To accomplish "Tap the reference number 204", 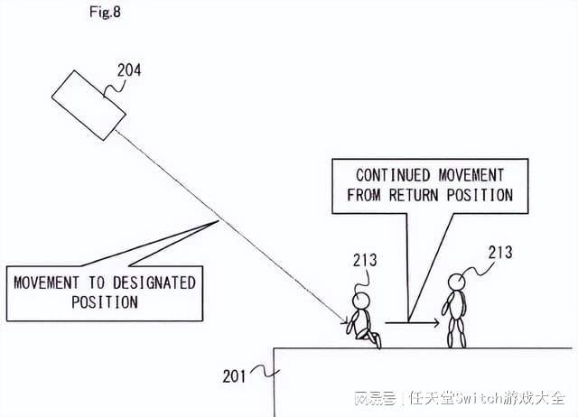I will pyautogui.click(x=129, y=69).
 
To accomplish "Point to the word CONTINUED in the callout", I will pyautogui.click(x=390, y=175).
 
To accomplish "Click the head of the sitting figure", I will pyautogui.click(x=361, y=301).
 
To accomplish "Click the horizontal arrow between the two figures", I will pyautogui.click(x=412, y=322).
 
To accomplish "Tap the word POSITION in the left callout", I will pyautogui.click(x=105, y=301).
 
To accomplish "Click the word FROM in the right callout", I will pyautogui.click(x=367, y=194).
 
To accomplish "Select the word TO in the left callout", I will pyautogui.click(x=95, y=283).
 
